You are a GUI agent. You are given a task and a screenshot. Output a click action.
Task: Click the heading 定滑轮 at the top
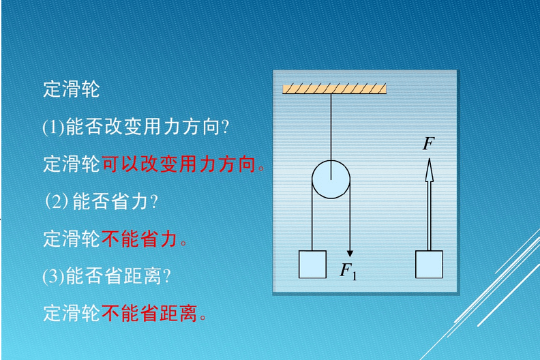pos(72,89)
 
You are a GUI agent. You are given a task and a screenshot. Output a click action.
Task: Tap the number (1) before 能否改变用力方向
pos(53,127)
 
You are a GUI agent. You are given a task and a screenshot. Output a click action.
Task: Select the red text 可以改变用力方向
pos(179,164)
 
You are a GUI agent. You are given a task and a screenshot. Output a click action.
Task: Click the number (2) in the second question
pos(57,201)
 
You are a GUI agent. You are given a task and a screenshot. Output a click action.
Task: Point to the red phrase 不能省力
pos(139,239)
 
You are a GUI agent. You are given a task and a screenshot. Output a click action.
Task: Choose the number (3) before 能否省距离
pos(53,276)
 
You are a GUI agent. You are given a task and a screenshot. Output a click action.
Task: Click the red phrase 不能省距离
pos(149,313)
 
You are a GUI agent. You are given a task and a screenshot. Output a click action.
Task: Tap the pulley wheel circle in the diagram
pos(331,179)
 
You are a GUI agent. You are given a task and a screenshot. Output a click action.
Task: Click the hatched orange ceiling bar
pos(334,89)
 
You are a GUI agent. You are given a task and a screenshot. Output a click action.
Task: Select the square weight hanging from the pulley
pos(312,265)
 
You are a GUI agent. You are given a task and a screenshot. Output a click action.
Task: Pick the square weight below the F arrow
pos(429,265)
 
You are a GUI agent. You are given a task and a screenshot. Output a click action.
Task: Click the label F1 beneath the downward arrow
pos(348,271)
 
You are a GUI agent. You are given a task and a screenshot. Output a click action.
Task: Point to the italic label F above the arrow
pos(428,143)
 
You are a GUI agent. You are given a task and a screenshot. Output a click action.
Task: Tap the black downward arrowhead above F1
pos(350,254)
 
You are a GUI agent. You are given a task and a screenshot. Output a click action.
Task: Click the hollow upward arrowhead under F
pos(429,170)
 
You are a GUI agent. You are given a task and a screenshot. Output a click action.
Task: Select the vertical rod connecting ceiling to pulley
pos(331,136)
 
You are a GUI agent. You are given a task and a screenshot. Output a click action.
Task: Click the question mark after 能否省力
pos(154,202)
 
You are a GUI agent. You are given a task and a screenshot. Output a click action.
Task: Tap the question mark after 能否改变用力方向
pos(226,127)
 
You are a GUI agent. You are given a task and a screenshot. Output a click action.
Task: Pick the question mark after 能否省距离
pos(167,276)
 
